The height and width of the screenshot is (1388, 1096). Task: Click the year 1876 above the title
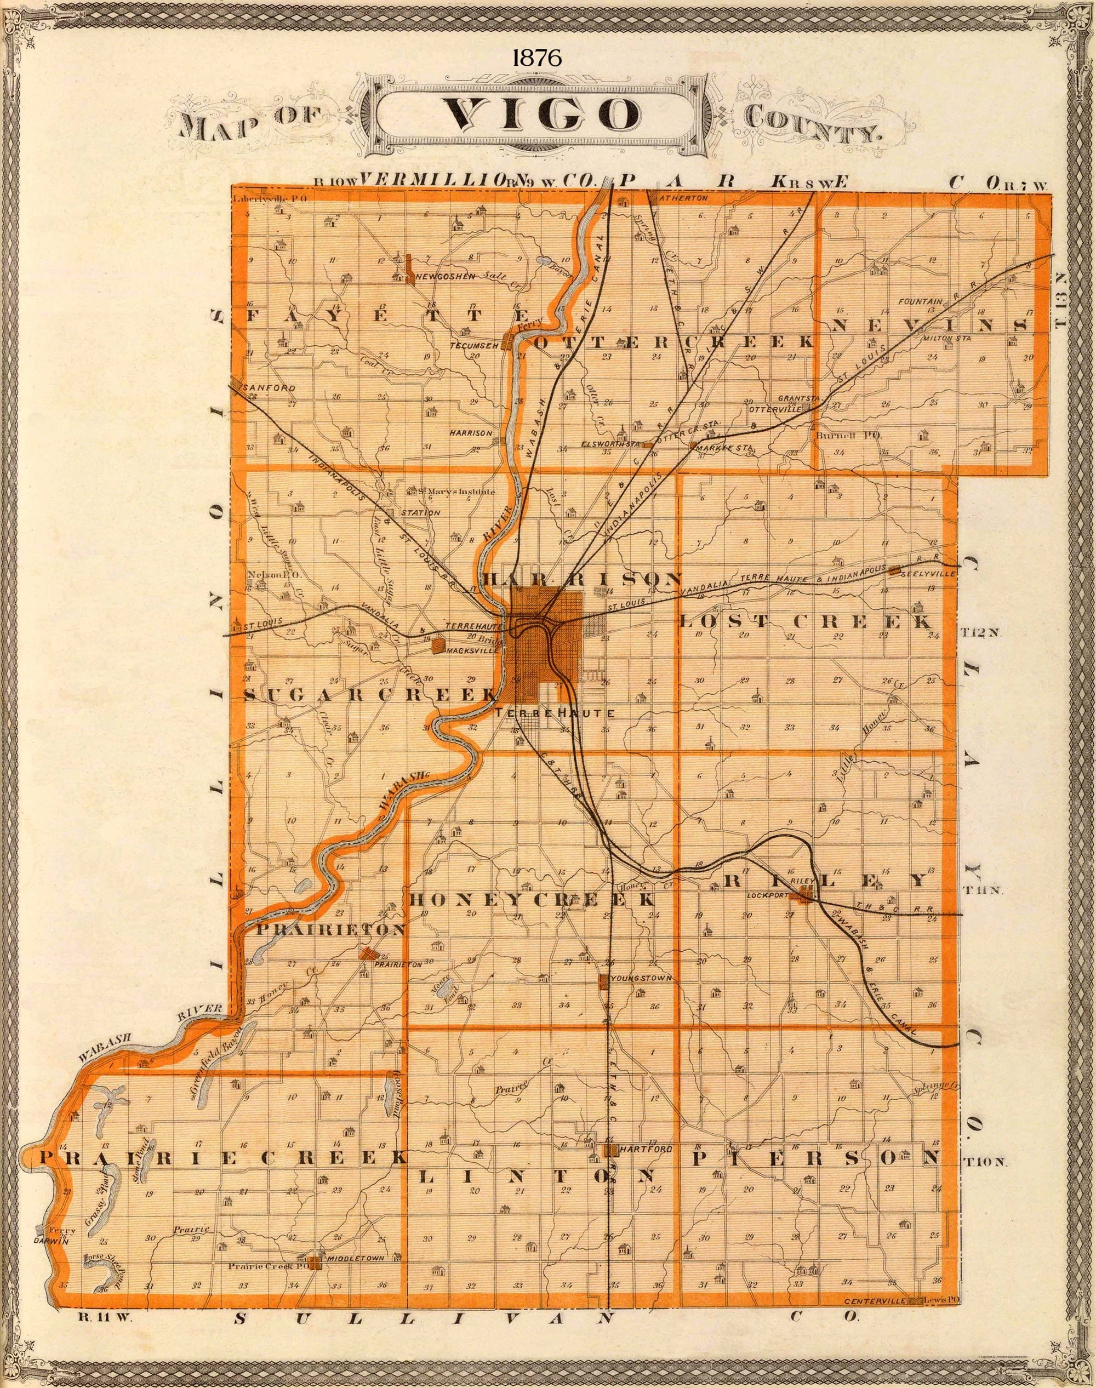pos(537,58)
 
